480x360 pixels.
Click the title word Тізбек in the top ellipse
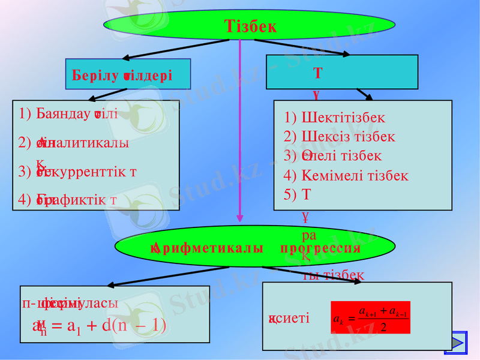point(250,26)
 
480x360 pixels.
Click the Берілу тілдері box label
point(122,76)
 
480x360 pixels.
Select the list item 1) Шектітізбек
point(335,118)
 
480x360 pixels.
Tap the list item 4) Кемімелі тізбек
point(346,176)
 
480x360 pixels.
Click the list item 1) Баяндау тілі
point(68,114)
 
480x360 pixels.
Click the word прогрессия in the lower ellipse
point(320,248)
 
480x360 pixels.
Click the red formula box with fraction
point(370,317)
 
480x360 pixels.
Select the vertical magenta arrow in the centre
point(240,132)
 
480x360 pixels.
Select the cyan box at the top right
point(341,72)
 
